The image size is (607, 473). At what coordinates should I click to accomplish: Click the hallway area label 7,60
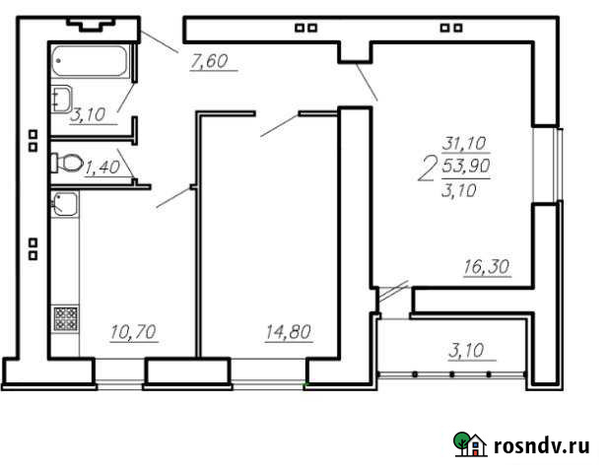[x=209, y=62]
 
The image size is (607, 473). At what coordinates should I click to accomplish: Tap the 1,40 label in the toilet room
[x=102, y=168]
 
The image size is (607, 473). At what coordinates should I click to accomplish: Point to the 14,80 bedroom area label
[x=289, y=332]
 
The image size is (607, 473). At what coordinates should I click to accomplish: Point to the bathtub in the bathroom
[x=90, y=61]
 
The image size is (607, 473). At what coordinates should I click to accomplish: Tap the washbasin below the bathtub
[x=61, y=97]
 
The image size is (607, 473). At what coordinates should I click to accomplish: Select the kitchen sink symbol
[x=64, y=205]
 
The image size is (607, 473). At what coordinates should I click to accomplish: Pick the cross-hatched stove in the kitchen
[x=64, y=319]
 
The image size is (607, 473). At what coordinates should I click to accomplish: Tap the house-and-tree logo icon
[x=470, y=444]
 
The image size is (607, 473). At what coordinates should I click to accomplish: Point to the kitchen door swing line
[x=174, y=197]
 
